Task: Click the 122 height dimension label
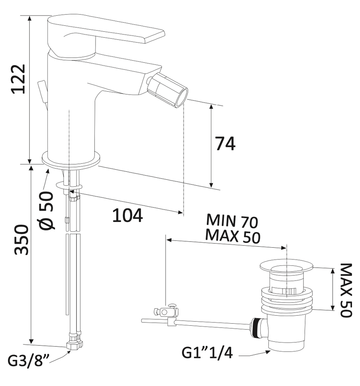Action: (x=19, y=79)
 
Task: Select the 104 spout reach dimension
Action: (x=127, y=216)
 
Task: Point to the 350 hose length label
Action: (x=21, y=239)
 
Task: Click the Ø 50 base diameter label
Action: (x=46, y=210)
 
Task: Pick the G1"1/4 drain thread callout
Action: (x=207, y=353)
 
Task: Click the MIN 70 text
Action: (x=232, y=221)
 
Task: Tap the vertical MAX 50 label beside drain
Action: (x=346, y=290)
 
